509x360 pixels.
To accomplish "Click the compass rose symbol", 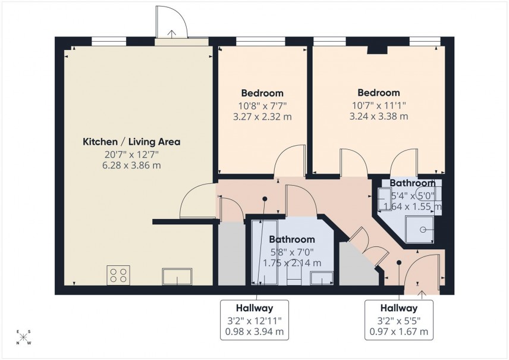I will pyautogui.click(x=24, y=337).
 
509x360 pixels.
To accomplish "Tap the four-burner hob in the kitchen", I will pyautogui.click(x=118, y=275).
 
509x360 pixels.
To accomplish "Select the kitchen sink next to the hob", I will pyautogui.click(x=177, y=276).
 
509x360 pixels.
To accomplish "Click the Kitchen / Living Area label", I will pyautogui.click(x=131, y=142).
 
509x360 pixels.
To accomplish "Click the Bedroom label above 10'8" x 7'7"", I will pyautogui.click(x=262, y=93).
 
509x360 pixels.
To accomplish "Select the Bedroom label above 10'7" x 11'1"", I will pyautogui.click(x=378, y=93).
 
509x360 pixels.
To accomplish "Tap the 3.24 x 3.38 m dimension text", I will pyautogui.click(x=378, y=116).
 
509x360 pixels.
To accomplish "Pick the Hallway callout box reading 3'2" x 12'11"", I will pyautogui.click(x=254, y=320).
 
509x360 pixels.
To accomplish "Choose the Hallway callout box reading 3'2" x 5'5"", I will pyautogui.click(x=399, y=320).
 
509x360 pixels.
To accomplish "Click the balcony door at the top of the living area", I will pyautogui.click(x=171, y=25).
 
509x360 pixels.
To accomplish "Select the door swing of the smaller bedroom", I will pyautogui.click(x=288, y=161).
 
